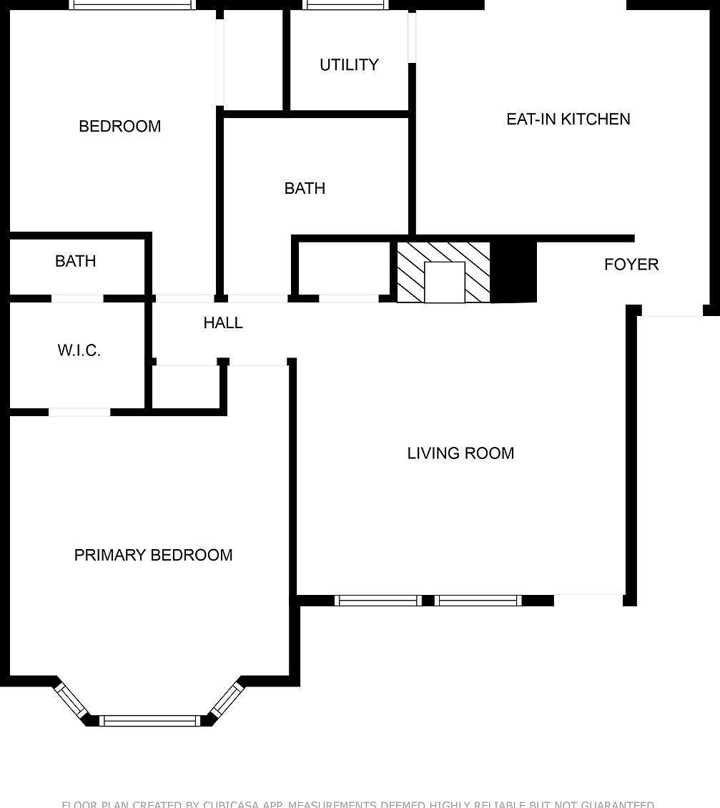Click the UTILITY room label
349,65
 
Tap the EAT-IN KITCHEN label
568,119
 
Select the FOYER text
631,265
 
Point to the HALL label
223,323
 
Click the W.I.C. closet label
79,350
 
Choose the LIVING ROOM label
460,453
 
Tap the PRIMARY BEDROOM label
153,555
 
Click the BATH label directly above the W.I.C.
75,262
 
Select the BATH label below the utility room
305,189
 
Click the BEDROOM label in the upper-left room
119,127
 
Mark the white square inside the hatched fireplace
444,282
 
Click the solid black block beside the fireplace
513,272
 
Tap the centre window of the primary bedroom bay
150,721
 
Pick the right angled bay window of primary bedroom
228,699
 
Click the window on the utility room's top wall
345,5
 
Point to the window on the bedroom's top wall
132,5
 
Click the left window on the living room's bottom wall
378,601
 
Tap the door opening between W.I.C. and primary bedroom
79,412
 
